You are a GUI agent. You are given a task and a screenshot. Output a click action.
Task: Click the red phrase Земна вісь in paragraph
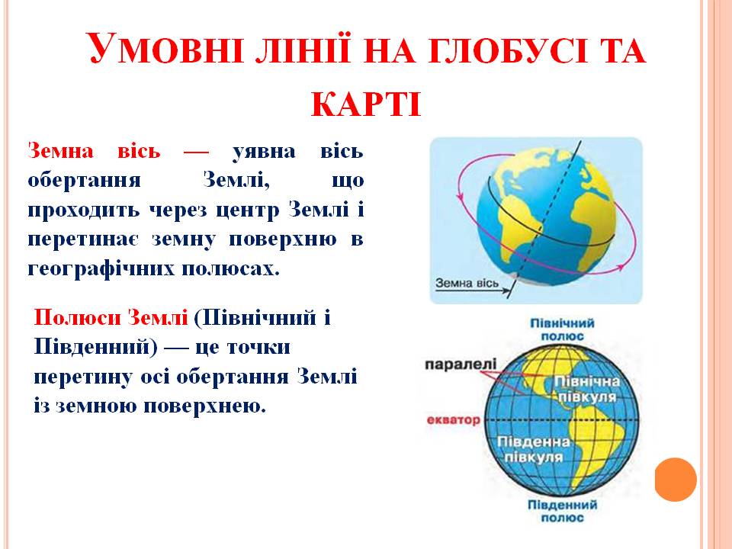(95, 151)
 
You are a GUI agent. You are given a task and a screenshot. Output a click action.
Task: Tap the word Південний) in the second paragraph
(96, 347)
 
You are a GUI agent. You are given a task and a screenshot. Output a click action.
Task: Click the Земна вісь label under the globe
(467, 284)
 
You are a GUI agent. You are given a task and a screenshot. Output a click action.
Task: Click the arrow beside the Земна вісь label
(509, 285)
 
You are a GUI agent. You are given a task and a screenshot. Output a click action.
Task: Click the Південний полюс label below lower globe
(562, 512)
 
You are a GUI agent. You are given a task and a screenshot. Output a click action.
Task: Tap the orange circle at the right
(676, 480)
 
